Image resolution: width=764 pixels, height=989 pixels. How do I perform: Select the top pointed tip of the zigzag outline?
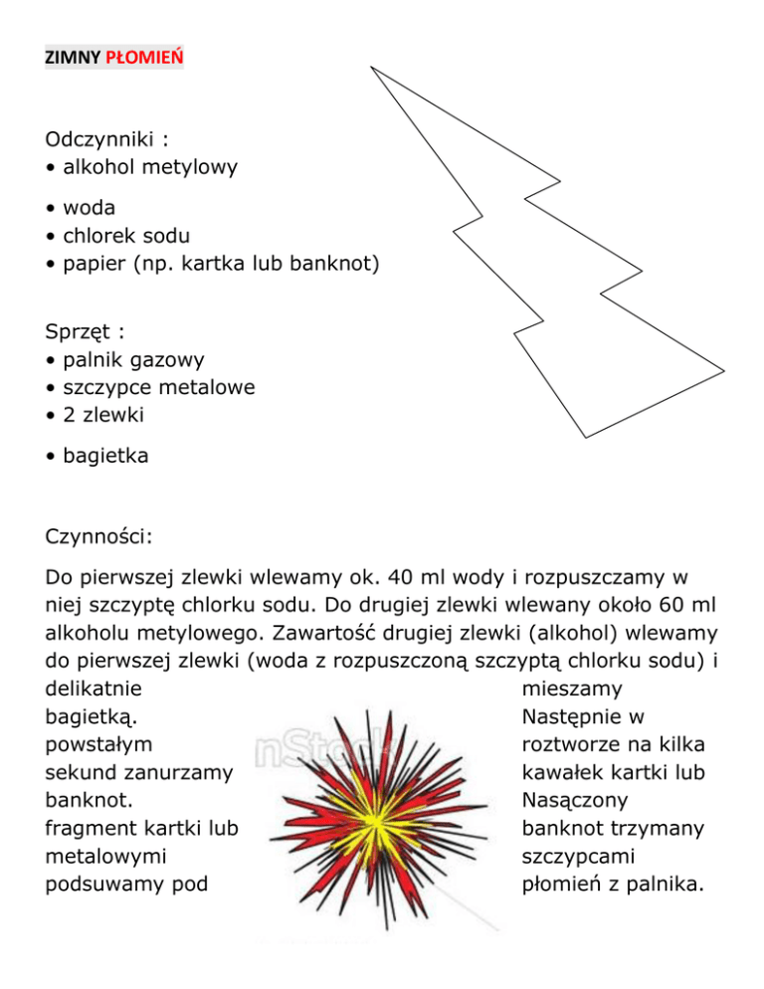[x=372, y=70]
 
